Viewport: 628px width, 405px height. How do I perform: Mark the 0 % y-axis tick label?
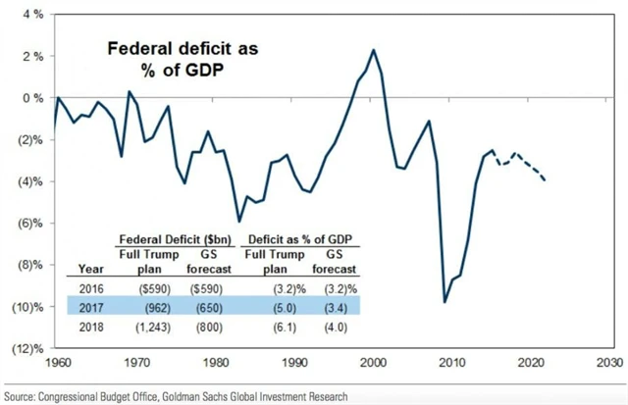30,98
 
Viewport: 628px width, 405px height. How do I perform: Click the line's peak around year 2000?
374,49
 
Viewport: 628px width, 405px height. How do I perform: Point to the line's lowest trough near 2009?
445,302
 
